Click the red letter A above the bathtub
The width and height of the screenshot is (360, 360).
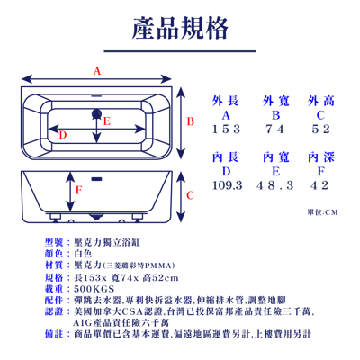pyautogui.click(x=97, y=70)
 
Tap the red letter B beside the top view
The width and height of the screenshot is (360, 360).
pyautogui.click(x=190, y=121)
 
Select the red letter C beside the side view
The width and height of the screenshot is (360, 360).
pyautogui.click(x=190, y=194)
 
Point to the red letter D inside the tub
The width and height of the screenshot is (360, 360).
pyautogui.click(x=61, y=135)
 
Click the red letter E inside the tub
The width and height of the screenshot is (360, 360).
pyautogui.click(x=106, y=121)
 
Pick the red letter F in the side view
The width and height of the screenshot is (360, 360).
pyautogui.click(x=78, y=189)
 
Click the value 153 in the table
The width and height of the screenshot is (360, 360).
pyautogui.click(x=226, y=130)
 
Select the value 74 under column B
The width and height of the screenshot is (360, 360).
pyautogui.click(x=275, y=130)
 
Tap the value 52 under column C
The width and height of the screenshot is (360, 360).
pyautogui.click(x=320, y=130)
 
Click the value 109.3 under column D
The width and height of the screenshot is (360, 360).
pyautogui.click(x=226, y=185)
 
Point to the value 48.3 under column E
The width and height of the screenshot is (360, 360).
pyautogui.click(x=275, y=185)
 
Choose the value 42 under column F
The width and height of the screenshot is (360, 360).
pyautogui.click(x=320, y=185)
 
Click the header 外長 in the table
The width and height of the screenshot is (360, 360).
pyautogui.click(x=226, y=100)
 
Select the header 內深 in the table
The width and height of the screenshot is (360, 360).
pyautogui.click(x=320, y=157)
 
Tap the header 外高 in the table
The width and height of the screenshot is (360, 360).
pyautogui.click(x=320, y=100)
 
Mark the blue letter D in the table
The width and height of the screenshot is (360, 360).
pyautogui.click(x=226, y=170)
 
